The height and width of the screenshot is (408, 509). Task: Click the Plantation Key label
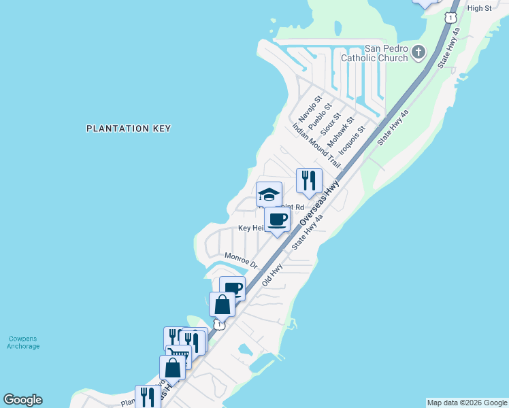[x=129, y=128]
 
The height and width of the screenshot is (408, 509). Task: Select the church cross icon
[x=418, y=52]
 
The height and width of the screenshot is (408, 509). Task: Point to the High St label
[x=479, y=7]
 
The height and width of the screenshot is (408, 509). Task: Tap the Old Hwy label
[x=272, y=274]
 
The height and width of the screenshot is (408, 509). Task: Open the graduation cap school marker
[x=269, y=194]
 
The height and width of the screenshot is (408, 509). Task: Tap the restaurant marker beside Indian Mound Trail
[x=309, y=181]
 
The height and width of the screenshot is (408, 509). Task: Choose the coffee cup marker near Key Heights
[x=277, y=220]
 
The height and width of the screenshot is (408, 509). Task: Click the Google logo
[x=22, y=400]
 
